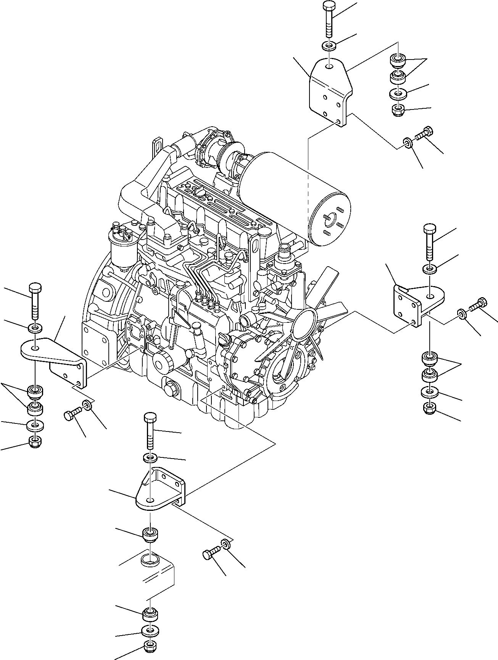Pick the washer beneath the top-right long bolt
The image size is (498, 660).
(329, 46)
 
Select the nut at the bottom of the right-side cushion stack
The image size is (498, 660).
(430, 409)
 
